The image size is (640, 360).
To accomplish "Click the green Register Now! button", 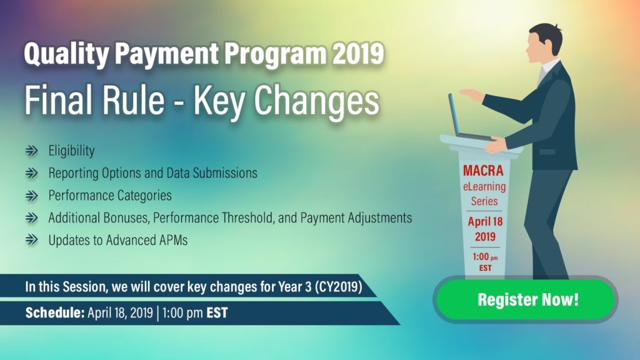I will (527, 299).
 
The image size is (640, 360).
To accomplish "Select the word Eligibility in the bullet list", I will (71, 151).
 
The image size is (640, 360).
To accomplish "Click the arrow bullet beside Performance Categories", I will (31, 196).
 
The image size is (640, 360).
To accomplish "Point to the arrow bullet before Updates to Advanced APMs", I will (31, 241).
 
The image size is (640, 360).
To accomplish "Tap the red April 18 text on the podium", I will (485, 222).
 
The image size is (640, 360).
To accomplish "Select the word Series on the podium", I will (485, 201).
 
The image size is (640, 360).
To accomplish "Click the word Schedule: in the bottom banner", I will (54, 312).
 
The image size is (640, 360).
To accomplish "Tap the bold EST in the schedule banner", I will (217, 312).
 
